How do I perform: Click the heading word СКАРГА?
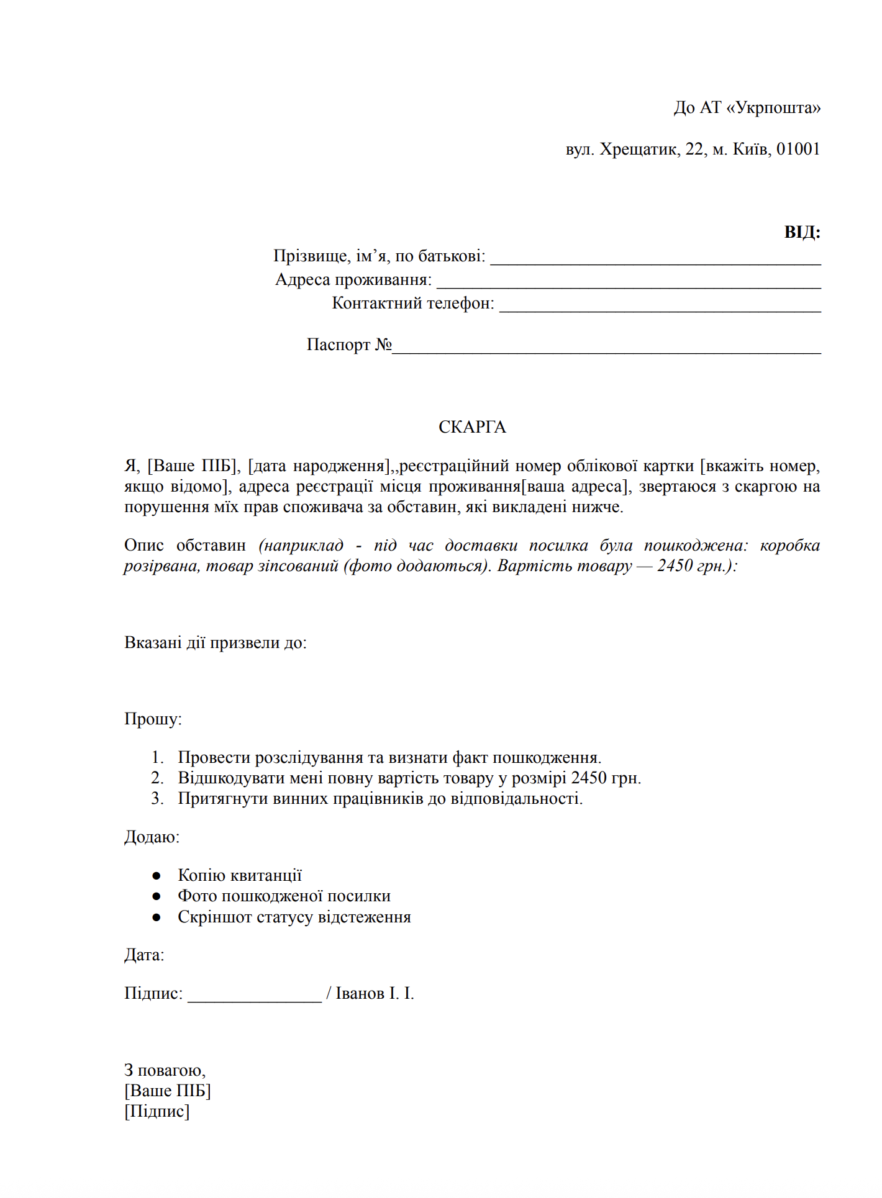pyautogui.click(x=472, y=427)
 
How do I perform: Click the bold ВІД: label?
pyautogui.click(x=802, y=232)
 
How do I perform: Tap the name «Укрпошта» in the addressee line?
pyautogui.click(x=773, y=108)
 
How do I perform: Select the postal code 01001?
pyautogui.click(x=798, y=150)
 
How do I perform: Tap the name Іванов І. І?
pyautogui.click(x=375, y=994)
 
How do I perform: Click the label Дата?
pyautogui.click(x=144, y=955)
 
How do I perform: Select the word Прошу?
pyautogui.click(x=153, y=719)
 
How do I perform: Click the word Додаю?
pyautogui.click(x=152, y=837)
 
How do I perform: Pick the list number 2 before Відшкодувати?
pyautogui.click(x=157, y=778)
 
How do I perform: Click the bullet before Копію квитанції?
pyautogui.click(x=157, y=876)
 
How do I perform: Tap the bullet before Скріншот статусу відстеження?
pyautogui.click(x=157, y=917)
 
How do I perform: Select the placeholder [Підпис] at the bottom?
pyautogui.click(x=157, y=1111)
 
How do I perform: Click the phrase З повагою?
pyautogui.click(x=165, y=1070)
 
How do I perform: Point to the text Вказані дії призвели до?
pyautogui.click(x=216, y=642)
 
